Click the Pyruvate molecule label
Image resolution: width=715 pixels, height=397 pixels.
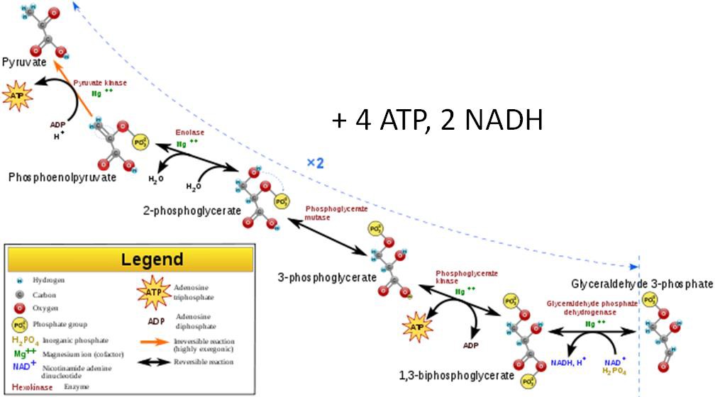(x=25, y=63)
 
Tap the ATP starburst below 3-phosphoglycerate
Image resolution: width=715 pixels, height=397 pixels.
(x=416, y=327)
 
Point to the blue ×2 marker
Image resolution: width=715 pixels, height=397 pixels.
(x=315, y=163)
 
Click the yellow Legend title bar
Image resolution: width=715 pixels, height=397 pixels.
(x=131, y=259)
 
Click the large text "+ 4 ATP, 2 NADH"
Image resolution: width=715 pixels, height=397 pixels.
(x=437, y=120)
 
